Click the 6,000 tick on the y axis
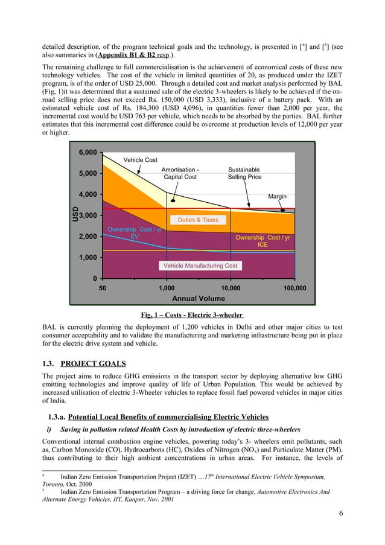89,152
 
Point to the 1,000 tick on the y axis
89,257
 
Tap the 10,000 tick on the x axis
231,288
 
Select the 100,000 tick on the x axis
294,288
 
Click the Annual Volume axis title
199,298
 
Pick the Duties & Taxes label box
198,220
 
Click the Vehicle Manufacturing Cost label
200,266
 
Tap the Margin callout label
277,197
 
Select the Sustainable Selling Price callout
244,174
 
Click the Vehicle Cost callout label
141,160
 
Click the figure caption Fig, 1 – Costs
192,314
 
